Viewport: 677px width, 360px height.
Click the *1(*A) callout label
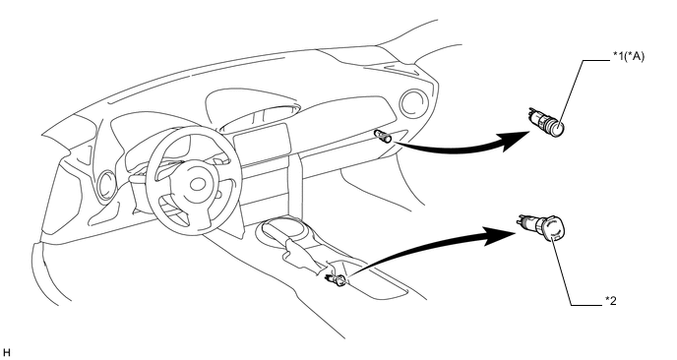[628, 56]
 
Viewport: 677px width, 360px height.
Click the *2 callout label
[610, 300]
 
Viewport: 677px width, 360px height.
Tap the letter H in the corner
[6, 352]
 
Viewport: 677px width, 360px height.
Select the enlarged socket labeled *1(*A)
[547, 121]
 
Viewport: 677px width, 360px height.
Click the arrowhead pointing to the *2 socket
[500, 236]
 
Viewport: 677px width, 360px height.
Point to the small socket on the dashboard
[384, 136]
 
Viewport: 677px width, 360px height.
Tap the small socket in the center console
[336, 279]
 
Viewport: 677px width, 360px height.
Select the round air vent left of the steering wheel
[106, 186]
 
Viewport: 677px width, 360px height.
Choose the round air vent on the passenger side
[413, 103]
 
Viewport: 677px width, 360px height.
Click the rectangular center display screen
[261, 143]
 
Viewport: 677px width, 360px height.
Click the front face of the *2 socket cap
[554, 229]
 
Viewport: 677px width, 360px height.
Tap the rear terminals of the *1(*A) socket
[533, 115]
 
